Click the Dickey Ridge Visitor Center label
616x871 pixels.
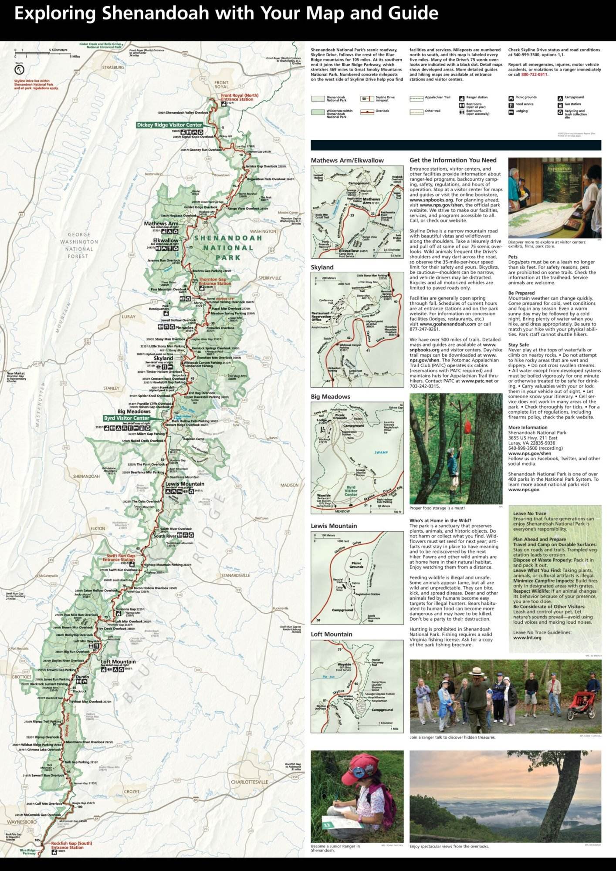tap(169, 125)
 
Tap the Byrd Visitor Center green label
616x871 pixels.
tap(126, 418)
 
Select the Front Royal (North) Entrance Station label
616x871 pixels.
tap(239, 97)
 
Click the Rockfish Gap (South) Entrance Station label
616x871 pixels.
tap(71, 845)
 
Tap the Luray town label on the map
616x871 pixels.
tap(129, 317)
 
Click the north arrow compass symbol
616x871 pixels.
tap(20, 69)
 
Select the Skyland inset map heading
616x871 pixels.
tap(322, 267)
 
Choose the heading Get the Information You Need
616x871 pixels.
tap(453, 160)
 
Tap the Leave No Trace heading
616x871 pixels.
tap(529, 513)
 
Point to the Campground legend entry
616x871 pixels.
tap(574, 98)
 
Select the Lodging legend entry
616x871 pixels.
tap(521, 111)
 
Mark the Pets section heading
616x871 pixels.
tap(513, 257)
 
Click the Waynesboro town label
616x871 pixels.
tap(21, 822)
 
